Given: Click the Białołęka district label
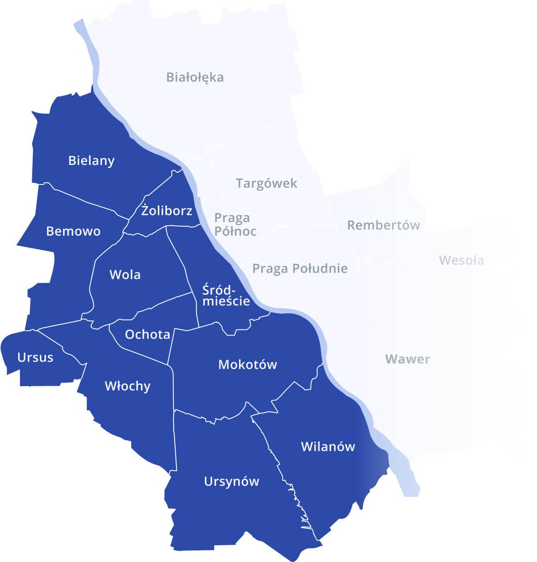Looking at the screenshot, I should [x=195, y=77].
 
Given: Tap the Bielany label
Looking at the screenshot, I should [x=91, y=160].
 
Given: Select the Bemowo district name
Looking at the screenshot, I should [x=73, y=231].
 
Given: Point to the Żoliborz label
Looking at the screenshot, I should [x=167, y=210].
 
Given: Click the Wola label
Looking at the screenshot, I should [x=125, y=275].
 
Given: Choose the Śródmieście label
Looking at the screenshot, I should [x=226, y=295].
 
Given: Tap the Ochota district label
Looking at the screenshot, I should [x=147, y=334].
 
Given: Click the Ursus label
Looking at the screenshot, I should [x=35, y=357].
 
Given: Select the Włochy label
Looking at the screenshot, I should [x=127, y=386].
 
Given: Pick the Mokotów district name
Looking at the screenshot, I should [x=248, y=364].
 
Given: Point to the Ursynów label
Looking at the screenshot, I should [x=231, y=481].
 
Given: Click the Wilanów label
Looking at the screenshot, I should [x=328, y=446].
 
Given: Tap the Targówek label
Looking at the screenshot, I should [x=267, y=183].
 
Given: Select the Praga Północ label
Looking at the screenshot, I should [x=235, y=224].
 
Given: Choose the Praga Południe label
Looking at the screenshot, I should [x=300, y=268].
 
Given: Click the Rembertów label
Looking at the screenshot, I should [x=384, y=225].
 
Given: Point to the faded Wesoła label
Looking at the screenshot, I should [x=461, y=260].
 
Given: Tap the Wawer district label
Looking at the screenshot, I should [x=407, y=359].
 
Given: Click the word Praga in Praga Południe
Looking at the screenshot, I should [x=270, y=268].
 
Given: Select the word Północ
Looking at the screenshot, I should [x=235, y=231].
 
